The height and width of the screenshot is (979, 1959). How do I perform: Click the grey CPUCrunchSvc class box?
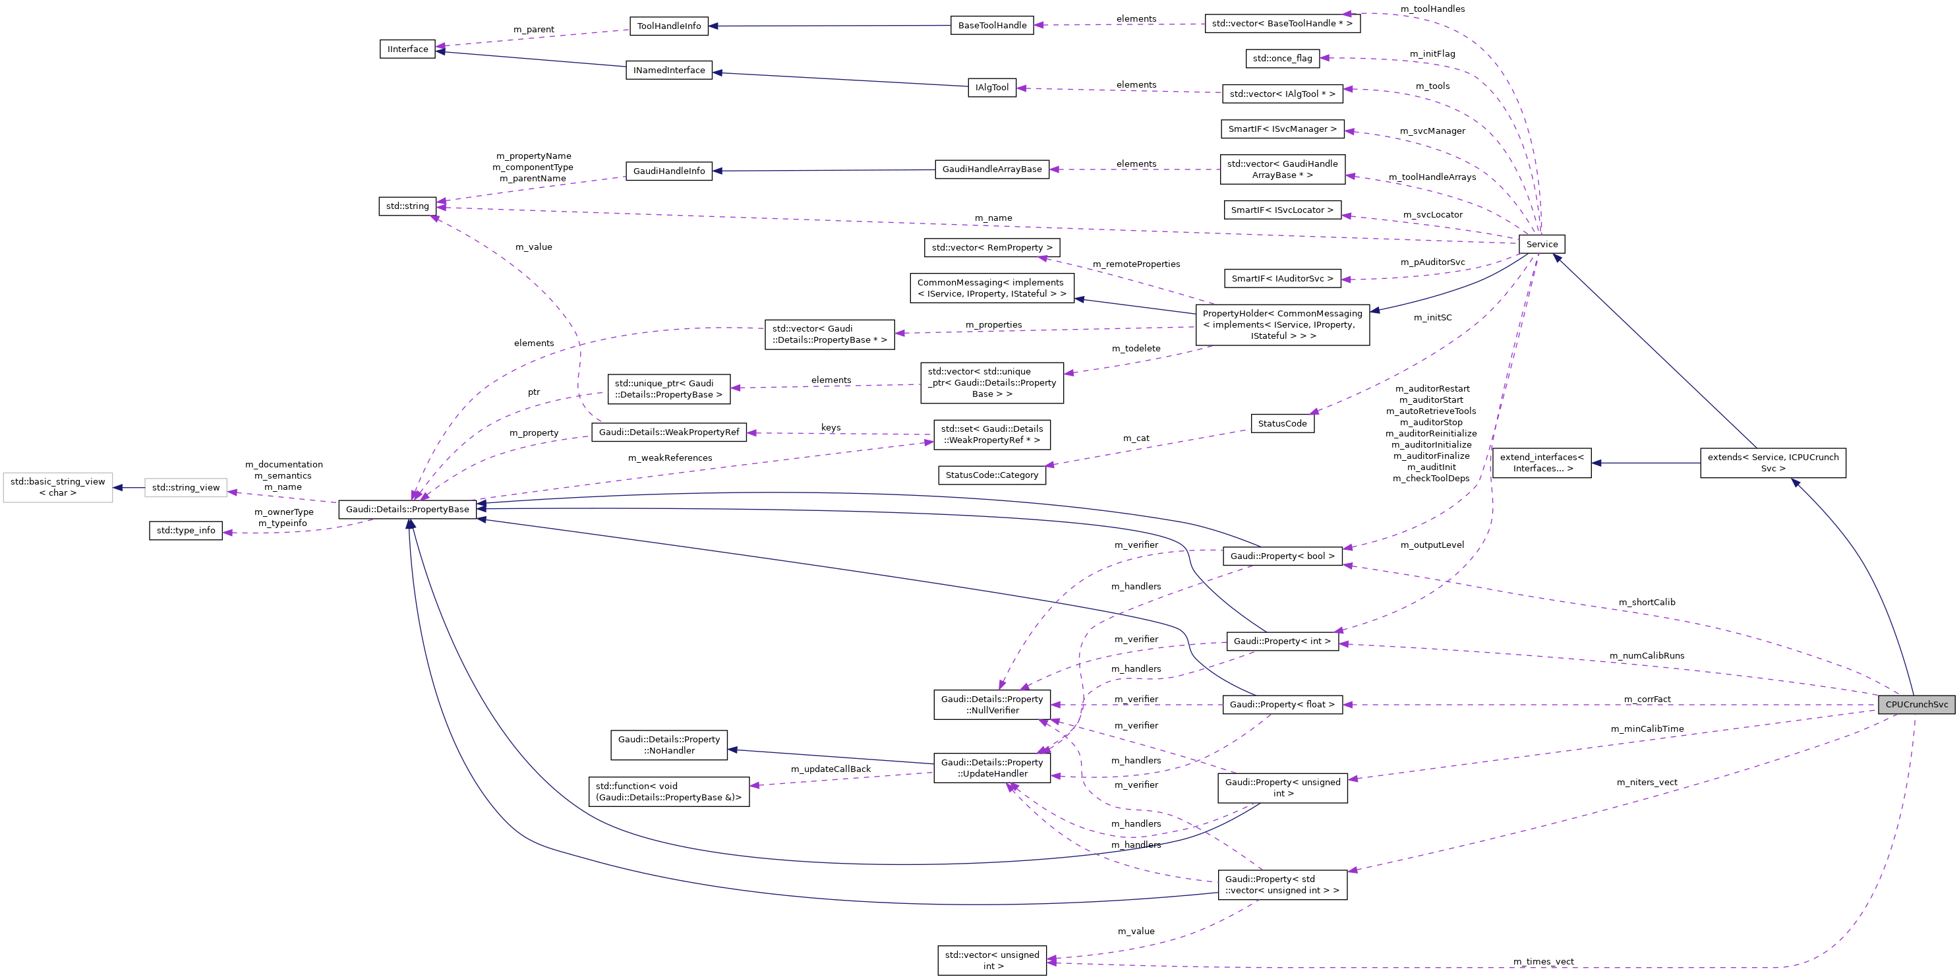(x=1915, y=704)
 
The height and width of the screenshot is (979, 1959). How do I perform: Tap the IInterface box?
(x=407, y=49)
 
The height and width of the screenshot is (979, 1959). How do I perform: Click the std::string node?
(x=407, y=206)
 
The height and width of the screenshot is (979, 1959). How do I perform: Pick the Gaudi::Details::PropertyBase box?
(x=407, y=509)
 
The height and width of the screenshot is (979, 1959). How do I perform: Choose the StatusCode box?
(x=1281, y=424)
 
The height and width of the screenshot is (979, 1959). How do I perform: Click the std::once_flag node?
(x=1281, y=58)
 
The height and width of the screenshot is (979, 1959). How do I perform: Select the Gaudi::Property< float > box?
(x=1281, y=704)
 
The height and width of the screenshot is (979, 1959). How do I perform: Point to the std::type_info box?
(x=186, y=530)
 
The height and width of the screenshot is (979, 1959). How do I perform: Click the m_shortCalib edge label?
(x=1647, y=603)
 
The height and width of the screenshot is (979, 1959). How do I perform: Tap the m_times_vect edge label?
(x=1543, y=961)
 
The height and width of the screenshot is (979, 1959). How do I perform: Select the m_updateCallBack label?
(x=831, y=769)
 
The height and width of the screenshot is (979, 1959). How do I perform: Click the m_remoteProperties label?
(x=1136, y=264)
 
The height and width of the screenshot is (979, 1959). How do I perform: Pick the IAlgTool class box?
(x=991, y=88)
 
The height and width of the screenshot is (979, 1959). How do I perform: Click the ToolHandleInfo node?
(x=668, y=26)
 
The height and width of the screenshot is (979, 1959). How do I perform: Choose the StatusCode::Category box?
(x=991, y=475)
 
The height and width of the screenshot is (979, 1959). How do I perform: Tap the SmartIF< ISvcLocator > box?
(x=1281, y=210)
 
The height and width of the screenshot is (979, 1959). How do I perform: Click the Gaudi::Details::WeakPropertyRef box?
(x=668, y=432)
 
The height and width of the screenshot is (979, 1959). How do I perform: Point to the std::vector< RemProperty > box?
(x=991, y=248)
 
